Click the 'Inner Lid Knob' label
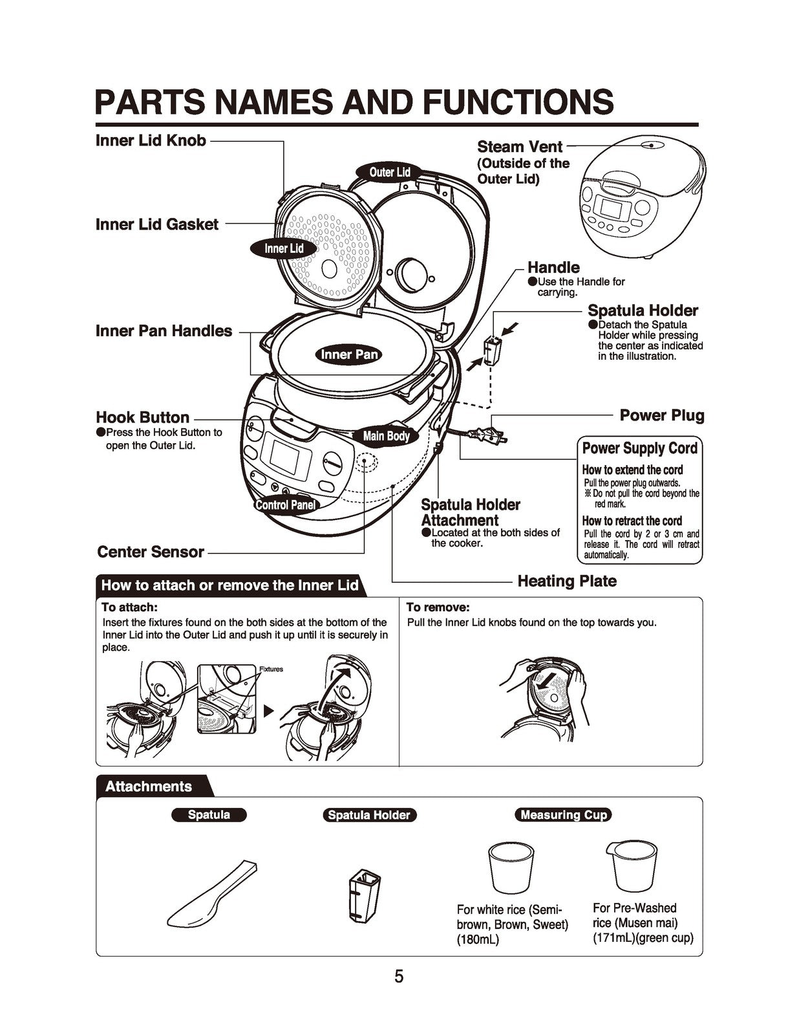151,140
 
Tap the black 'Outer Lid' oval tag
390,172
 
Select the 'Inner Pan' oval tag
349,354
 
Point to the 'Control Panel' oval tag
285,505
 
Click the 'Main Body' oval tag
386,436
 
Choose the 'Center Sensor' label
150,552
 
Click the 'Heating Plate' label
567,581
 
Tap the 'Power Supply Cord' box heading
639,448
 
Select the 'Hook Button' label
142,417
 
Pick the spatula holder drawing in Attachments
364,895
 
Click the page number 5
399,977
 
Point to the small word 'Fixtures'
271,669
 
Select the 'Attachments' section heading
149,787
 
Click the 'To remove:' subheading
438,607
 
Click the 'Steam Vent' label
520,147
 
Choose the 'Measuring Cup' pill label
563,815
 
